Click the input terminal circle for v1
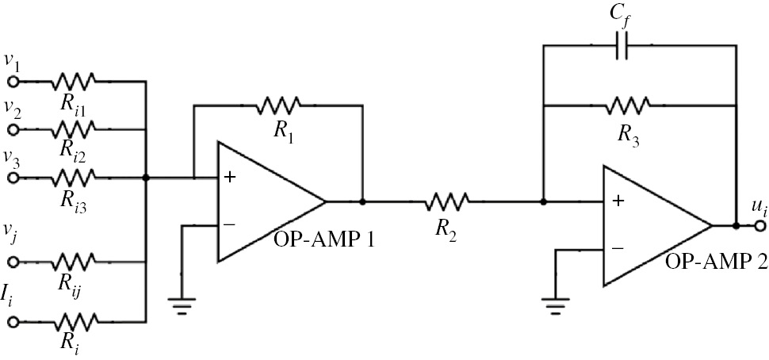point(13,81)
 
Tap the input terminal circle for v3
point(13,178)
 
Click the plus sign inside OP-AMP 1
point(230,178)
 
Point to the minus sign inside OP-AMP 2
point(617,248)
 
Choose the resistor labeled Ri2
point(74,128)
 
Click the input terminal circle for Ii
point(13,321)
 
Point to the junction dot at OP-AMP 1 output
point(362,201)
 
